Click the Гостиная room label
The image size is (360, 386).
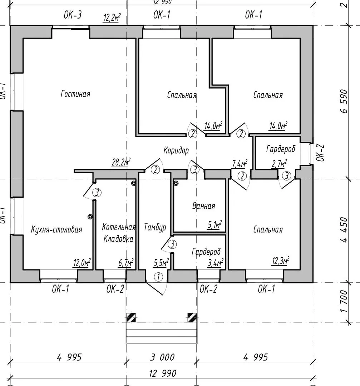click(x=75, y=94)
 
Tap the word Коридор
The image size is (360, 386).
click(x=176, y=150)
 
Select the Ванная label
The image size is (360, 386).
click(x=203, y=206)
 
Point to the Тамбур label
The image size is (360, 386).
click(x=155, y=227)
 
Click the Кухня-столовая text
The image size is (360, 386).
click(x=56, y=229)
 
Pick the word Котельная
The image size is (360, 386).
click(x=119, y=227)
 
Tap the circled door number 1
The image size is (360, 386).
click(x=158, y=277)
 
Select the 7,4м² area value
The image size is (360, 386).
click(x=240, y=164)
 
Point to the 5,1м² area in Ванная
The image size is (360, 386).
click(x=214, y=225)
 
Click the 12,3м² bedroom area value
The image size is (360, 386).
click(x=280, y=261)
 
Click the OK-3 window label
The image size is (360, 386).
click(x=73, y=15)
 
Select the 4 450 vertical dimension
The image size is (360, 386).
click(x=344, y=229)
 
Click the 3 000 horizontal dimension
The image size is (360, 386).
click(x=162, y=357)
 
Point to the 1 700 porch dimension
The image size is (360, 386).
click(x=344, y=301)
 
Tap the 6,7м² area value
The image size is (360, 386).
click(x=126, y=263)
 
